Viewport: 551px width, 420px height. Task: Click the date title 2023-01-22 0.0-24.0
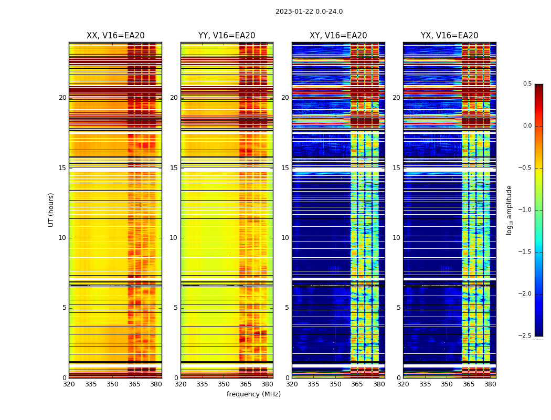pyautogui.click(x=309, y=12)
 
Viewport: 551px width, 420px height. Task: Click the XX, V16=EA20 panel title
pyautogui.click(x=115, y=36)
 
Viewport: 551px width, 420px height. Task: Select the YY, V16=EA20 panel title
pyautogui.click(x=227, y=36)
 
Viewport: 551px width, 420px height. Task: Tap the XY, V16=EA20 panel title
pyautogui.click(x=338, y=36)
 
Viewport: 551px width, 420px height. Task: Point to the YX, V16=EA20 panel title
pyautogui.click(x=449, y=36)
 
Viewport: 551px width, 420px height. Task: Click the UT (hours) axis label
pyautogui.click(x=51, y=209)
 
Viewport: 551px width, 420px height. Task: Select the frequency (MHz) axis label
pyautogui.click(x=253, y=394)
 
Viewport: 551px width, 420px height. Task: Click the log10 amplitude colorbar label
pyautogui.click(x=509, y=209)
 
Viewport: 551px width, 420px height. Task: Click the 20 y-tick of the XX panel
pyautogui.click(x=62, y=98)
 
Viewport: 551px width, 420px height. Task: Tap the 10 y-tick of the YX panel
pyautogui.click(x=397, y=238)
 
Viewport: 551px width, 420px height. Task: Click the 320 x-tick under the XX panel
pyautogui.click(x=69, y=384)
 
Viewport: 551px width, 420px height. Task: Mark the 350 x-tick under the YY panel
pyautogui.click(x=224, y=384)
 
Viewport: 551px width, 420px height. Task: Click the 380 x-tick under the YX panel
pyautogui.click(x=490, y=384)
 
